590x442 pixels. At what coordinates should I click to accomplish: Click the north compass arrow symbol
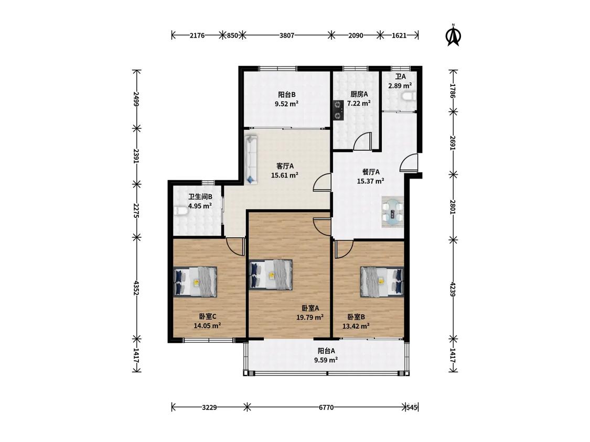click(454, 35)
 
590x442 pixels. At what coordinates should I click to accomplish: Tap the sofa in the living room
click(251, 160)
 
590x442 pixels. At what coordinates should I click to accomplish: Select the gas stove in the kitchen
click(338, 110)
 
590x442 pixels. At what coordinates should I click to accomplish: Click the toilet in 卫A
click(409, 96)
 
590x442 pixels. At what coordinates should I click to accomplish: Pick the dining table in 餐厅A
click(393, 212)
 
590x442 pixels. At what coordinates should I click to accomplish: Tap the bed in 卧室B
click(382, 282)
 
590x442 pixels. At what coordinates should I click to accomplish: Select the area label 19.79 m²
click(310, 317)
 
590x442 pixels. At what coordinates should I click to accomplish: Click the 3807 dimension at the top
click(287, 35)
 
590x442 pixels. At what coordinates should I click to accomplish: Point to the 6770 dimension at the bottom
click(326, 407)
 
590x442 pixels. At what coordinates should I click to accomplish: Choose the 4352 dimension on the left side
click(136, 286)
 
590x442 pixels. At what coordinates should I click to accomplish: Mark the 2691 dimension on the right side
click(453, 143)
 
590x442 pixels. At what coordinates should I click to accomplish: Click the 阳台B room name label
click(287, 95)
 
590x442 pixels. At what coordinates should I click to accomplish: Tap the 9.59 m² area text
click(326, 360)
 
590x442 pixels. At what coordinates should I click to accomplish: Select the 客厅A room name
click(285, 165)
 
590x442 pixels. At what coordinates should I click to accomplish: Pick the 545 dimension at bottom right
click(412, 407)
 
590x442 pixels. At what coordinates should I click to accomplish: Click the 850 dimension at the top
click(232, 35)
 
